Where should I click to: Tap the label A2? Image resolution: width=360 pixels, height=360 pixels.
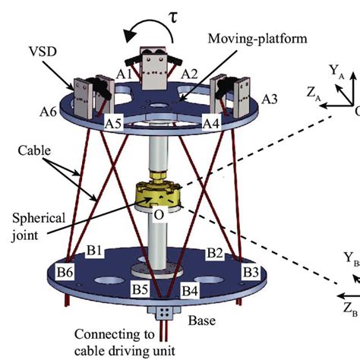pyautogui.click(x=190, y=74)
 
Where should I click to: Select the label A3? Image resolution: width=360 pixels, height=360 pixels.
pyautogui.click(x=270, y=99)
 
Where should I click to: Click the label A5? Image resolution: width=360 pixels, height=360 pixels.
pyautogui.click(x=113, y=122)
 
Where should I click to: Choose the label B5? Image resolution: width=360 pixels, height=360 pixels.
pyautogui.click(x=139, y=289)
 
